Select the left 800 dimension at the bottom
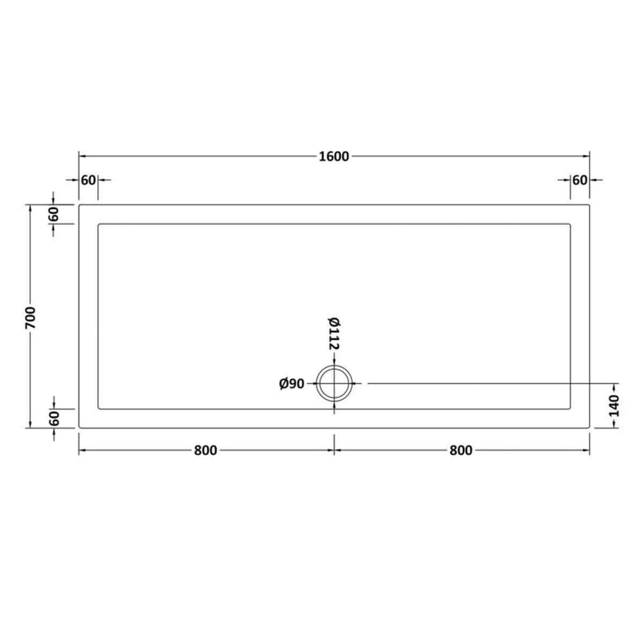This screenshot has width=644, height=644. (x=206, y=450)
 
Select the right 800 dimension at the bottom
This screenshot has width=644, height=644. (x=461, y=450)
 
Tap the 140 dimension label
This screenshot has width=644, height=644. (x=615, y=406)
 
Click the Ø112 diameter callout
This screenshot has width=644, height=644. (x=334, y=334)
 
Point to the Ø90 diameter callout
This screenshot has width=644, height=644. (x=292, y=384)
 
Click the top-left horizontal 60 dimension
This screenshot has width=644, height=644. (x=88, y=180)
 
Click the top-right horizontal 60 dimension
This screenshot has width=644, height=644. (x=580, y=180)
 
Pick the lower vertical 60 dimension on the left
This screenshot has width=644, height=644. (x=54, y=418)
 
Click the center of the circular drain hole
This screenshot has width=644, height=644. (x=335, y=384)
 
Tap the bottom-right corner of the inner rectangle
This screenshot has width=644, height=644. (x=571, y=408)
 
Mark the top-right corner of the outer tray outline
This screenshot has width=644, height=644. (x=590, y=204)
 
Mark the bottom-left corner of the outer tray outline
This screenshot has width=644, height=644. (x=79, y=428)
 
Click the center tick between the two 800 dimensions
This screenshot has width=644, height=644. (x=335, y=450)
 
